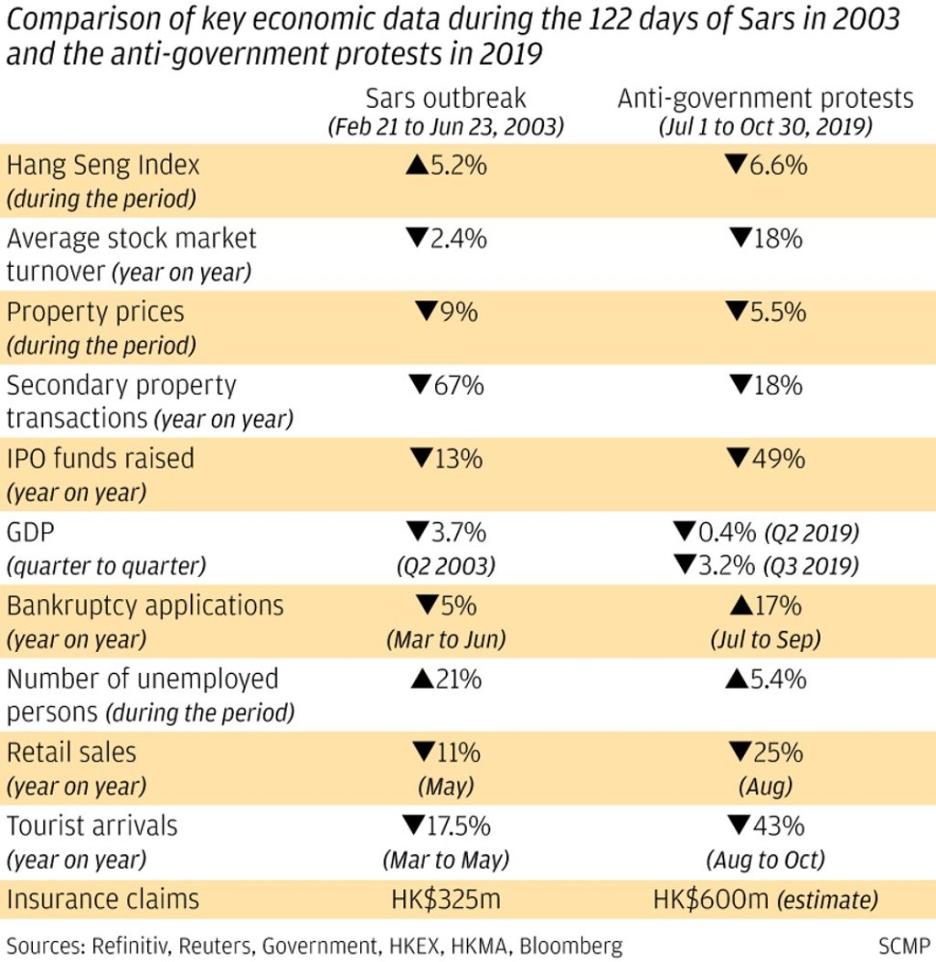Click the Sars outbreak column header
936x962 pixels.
pyautogui.click(x=446, y=99)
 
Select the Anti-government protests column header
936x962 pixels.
pyautogui.click(x=765, y=99)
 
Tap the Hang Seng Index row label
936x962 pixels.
pyautogui.click(x=102, y=166)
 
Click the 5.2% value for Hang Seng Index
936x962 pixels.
pyautogui.click(x=446, y=166)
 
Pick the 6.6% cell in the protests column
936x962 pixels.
pyautogui.click(x=765, y=166)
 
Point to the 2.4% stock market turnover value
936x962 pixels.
pyautogui.click(x=446, y=239)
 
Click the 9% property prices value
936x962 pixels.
pyautogui.click(x=446, y=312)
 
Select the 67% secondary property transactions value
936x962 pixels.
pyautogui.click(x=446, y=385)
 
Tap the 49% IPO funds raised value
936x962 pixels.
pyautogui.click(x=765, y=458)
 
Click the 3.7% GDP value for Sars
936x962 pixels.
pyautogui.click(x=446, y=532)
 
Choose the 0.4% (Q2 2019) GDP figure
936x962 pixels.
pyautogui.click(x=765, y=532)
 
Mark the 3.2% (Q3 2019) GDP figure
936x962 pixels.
pyautogui.click(x=765, y=566)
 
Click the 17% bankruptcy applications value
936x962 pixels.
pyautogui.click(x=765, y=605)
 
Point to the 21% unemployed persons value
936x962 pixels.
pyautogui.click(x=446, y=679)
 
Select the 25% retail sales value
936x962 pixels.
pyautogui.click(x=765, y=752)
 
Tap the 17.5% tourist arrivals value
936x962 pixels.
pyautogui.click(x=446, y=826)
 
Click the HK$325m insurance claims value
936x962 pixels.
pyautogui.click(x=446, y=899)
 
